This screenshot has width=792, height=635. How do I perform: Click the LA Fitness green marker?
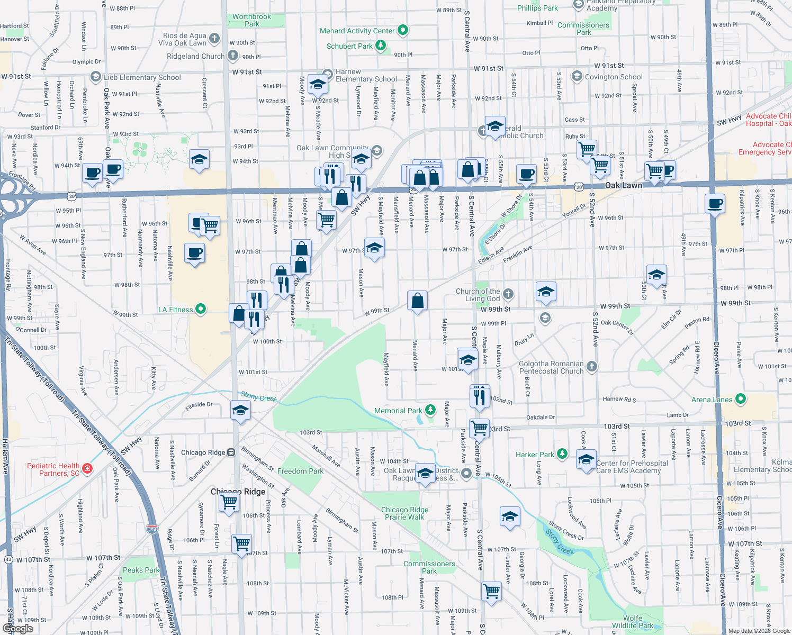point(201,309)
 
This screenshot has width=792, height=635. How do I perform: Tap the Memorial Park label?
point(398,411)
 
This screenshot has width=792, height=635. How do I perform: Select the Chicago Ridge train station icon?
point(231,452)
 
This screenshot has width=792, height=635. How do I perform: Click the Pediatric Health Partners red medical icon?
point(88,468)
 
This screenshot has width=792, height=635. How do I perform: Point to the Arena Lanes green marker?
point(741,399)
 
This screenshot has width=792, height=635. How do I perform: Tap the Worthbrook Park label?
point(251,20)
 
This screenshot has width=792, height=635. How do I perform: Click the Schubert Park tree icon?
point(381,46)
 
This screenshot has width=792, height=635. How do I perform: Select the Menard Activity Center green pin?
point(403,31)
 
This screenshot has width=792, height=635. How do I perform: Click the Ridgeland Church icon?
point(233,56)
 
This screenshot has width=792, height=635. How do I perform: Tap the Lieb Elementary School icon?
point(96,77)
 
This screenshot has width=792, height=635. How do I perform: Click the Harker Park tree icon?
point(562,454)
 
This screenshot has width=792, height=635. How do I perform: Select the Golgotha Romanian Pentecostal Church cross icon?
point(592,366)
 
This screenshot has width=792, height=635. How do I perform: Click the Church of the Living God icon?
point(508,294)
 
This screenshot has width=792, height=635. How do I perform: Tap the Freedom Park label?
point(300,471)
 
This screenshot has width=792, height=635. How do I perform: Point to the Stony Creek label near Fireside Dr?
point(258,396)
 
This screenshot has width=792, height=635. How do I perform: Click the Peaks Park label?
point(141,570)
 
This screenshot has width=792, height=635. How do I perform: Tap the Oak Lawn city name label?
point(623,185)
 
